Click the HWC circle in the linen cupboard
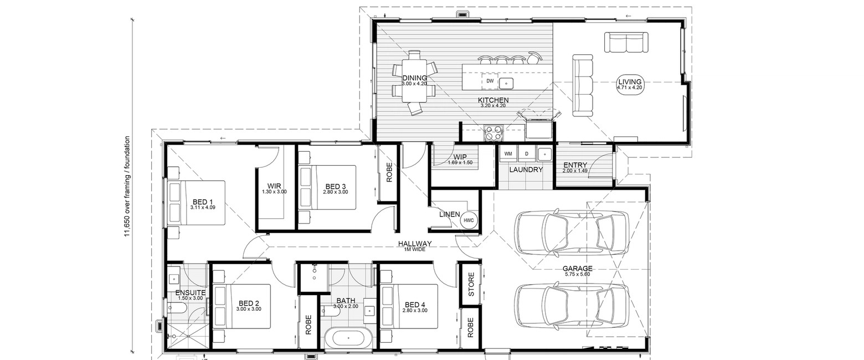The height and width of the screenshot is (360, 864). point(469,220)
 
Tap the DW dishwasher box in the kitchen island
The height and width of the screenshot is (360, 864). point(490,81)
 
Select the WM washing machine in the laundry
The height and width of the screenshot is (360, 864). point(508,153)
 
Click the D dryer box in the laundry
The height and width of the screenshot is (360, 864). point(527,153)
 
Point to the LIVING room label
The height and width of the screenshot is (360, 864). point(630,82)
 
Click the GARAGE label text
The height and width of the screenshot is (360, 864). point(578,269)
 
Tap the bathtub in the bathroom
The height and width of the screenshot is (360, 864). point(348,338)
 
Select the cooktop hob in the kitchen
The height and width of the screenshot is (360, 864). point(493,132)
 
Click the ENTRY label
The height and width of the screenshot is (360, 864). point(575,165)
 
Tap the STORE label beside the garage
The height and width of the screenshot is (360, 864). point(471,285)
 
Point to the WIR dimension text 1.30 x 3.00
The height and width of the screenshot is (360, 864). point(274,192)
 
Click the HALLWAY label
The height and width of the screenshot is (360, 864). point(415,244)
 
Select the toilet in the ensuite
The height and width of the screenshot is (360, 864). point(177,308)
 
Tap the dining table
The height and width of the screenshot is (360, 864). point(415,80)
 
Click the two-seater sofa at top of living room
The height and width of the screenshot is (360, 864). point(626,43)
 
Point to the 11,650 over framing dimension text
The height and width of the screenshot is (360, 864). point(127,186)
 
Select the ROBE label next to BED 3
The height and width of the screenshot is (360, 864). point(389,172)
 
